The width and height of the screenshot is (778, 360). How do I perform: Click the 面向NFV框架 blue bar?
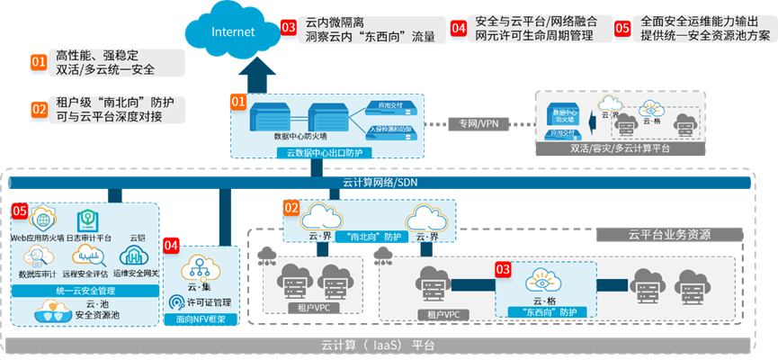(202, 319)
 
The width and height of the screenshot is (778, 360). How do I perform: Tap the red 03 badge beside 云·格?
(504, 268)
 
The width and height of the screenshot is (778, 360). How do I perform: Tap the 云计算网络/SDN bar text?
(379, 183)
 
